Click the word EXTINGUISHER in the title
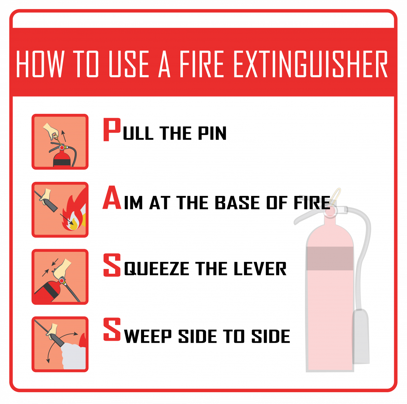coord(310,64)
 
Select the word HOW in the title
coord(40,64)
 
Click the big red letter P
coord(112,130)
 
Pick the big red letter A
coord(112,198)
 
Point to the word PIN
coord(212,133)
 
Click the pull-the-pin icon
coord(60,142)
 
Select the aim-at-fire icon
coord(60,210)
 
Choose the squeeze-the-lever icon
coord(60,277)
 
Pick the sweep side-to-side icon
coord(60,344)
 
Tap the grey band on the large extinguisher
coord(330,258)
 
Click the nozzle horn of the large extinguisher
coord(361,337)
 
